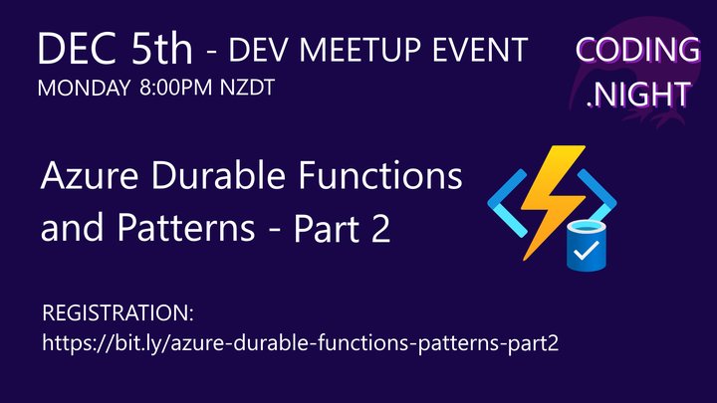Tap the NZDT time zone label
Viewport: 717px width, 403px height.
pos(245,88)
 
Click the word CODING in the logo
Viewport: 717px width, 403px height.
pos(637,49)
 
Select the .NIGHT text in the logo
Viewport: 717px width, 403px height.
pos(636,94)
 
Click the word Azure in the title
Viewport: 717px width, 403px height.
pos(85,179)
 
